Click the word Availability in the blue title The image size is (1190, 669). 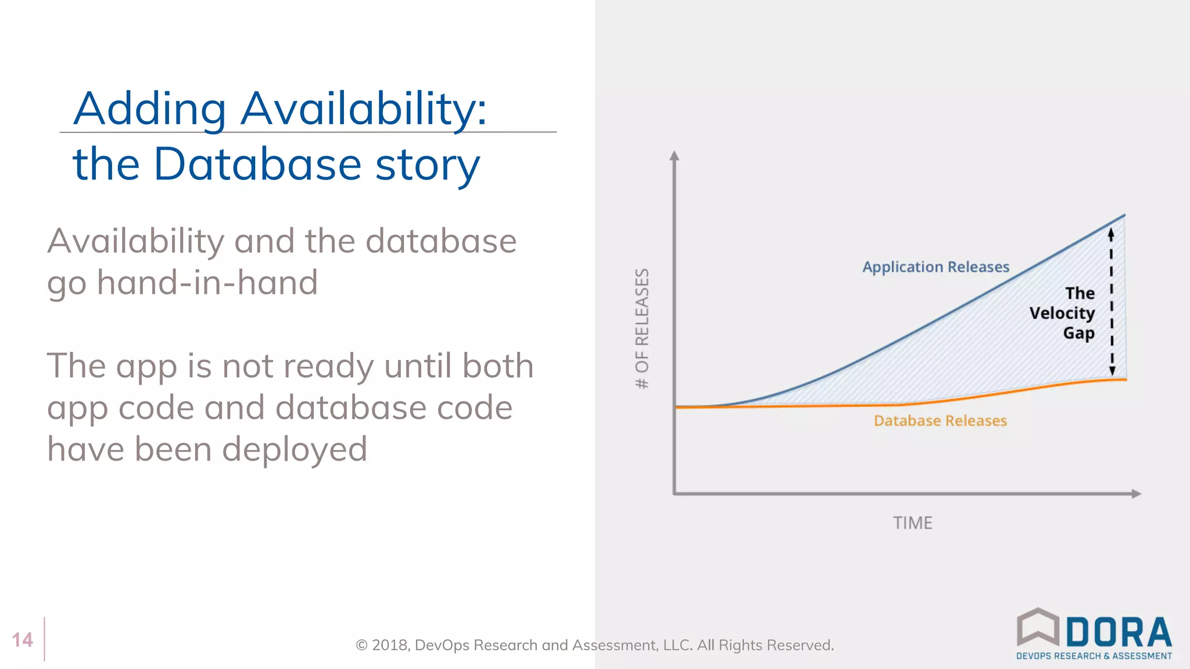tap(363, 109)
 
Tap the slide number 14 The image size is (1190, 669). tap(23, 640)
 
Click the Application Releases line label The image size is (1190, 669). tap(935, 267)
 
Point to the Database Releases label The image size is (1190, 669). tap(940, 420)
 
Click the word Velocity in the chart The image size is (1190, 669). tap(1062, 314)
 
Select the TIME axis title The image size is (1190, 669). tap(912, 523)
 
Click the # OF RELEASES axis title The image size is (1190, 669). tap(642, 329)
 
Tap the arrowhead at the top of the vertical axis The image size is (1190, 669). tap(674, 156)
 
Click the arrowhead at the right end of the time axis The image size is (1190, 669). tap(1137, 494)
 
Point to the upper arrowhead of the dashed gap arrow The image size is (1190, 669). tap(1110, 233)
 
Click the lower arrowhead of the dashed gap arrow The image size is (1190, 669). tap(1112, 371)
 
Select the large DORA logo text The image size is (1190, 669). tap(1119, 632)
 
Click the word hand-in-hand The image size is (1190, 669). tap(207, 283)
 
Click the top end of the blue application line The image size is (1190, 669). tap(1124, 216)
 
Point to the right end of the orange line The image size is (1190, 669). tap(1125, 380)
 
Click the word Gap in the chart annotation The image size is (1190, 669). tap(1078, 333)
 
